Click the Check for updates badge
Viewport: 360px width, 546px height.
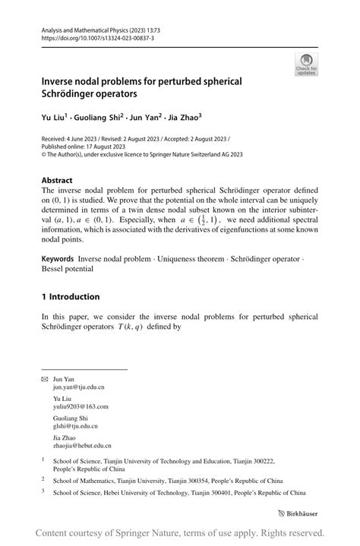point(306,64)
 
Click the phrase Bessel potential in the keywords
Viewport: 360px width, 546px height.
point(67,269)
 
